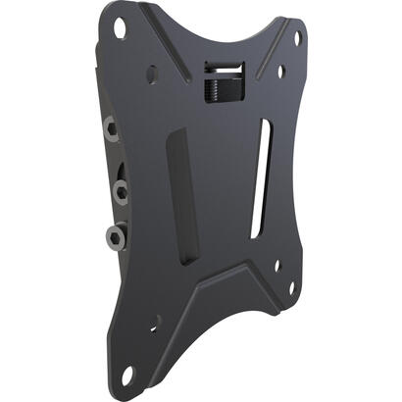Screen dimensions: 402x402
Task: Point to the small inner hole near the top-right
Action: point(280,71)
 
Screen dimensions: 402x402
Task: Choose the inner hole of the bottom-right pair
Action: point(277,264)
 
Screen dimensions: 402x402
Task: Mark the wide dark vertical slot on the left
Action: point(182,195)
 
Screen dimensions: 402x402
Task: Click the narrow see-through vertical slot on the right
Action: point(260,172)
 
